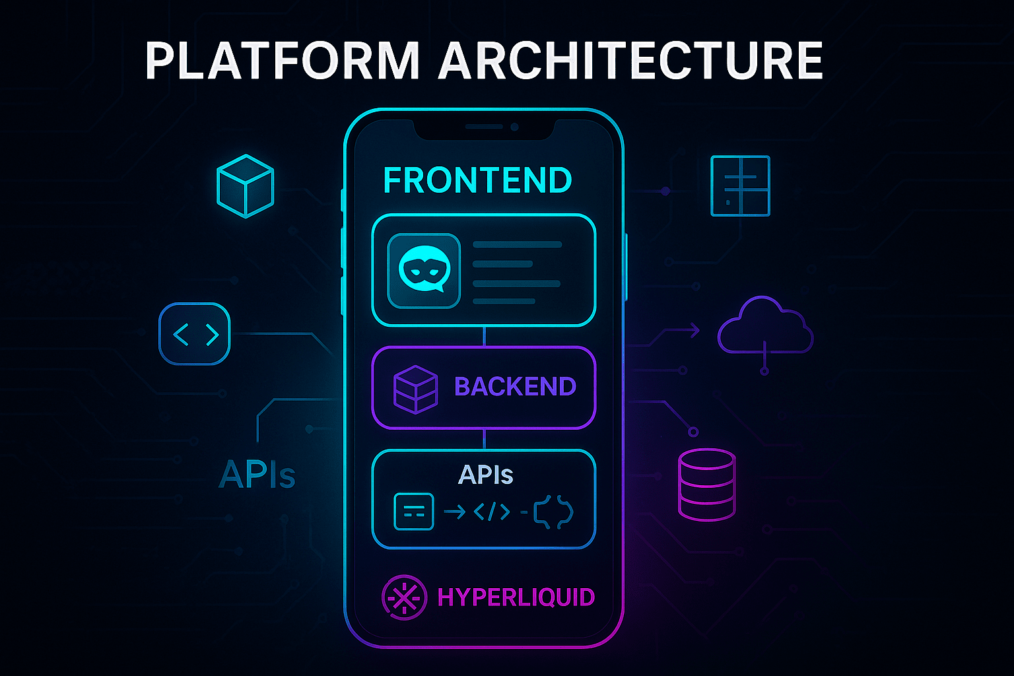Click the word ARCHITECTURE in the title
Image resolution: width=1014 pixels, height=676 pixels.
630,61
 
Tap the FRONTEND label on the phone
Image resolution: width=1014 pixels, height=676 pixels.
477,181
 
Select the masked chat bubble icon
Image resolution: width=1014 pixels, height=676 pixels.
423,271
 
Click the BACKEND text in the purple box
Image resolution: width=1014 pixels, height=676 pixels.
515,387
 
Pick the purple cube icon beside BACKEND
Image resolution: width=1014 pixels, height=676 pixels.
415,389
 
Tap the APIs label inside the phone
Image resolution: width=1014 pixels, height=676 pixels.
486,475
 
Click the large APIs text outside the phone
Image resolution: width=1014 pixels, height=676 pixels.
257,475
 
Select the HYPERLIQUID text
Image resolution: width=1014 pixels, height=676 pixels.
516,598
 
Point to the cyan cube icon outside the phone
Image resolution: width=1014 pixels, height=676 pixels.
245,186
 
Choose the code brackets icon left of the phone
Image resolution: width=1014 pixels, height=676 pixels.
195,334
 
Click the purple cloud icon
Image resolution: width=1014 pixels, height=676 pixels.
765,327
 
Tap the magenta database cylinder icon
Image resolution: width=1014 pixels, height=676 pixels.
706,485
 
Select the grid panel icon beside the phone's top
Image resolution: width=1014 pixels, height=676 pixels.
740,186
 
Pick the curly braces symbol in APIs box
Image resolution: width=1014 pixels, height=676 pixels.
553,512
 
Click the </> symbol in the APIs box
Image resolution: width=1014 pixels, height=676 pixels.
492,512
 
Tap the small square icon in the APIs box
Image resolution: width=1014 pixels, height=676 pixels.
413,512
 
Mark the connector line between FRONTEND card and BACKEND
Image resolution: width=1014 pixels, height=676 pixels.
484,337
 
